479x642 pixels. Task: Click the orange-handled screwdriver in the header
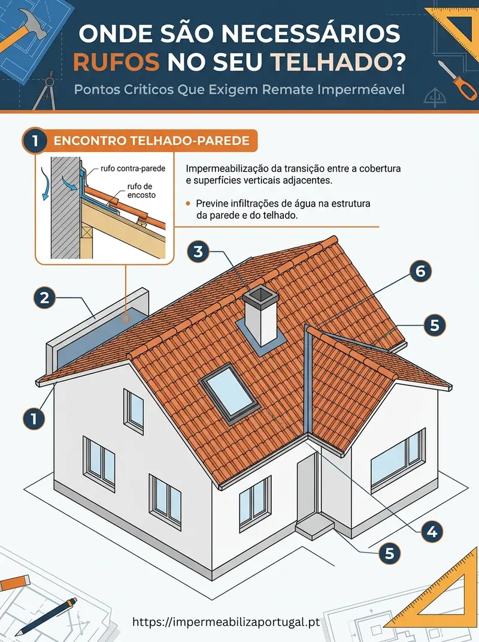(x=457, y=80)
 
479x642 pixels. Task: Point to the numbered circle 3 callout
(x=198, y=251)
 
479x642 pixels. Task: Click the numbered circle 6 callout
(x=420, y=271)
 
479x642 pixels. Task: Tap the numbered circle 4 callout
(x=432, y=532)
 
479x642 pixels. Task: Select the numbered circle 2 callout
(x=44, y=297)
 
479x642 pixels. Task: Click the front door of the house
(x=307, y=488)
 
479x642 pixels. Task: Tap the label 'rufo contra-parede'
(x=133, y=168)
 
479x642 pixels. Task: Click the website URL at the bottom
(x=226, y=622)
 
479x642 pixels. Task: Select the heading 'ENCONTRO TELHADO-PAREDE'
(x=151, y=141)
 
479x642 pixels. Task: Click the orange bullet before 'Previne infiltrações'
(x=188, y=203)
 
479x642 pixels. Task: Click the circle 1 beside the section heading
(x=35, y=141)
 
